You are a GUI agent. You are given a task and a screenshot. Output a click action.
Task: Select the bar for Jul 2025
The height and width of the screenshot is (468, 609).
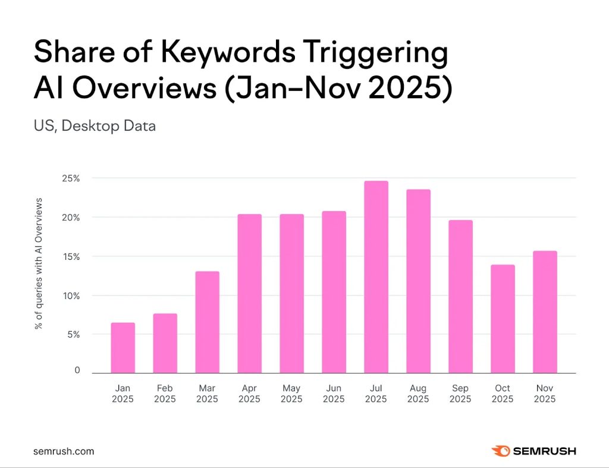[376, 277]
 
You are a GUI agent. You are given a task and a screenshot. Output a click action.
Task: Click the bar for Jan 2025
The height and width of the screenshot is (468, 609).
[123, 348]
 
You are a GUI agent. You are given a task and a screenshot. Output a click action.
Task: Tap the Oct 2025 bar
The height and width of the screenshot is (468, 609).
[503, 319]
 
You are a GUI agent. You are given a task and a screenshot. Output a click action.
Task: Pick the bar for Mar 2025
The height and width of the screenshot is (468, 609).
[207, 322]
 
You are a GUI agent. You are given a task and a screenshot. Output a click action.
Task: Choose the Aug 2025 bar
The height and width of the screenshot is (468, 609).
[418, 281]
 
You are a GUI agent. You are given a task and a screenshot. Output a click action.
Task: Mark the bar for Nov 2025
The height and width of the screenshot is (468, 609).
[545, 312]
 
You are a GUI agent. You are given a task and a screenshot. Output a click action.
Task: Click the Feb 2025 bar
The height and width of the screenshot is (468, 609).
[165, 343]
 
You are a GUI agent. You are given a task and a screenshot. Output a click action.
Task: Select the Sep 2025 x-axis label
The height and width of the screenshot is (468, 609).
[460, 394]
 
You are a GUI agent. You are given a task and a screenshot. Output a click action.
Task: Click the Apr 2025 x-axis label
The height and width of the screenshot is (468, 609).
[249, 394]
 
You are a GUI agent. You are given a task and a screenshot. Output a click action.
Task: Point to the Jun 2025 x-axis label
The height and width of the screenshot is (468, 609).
[334, 394]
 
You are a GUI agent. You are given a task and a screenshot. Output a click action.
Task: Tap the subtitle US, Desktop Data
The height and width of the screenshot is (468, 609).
[95, 126]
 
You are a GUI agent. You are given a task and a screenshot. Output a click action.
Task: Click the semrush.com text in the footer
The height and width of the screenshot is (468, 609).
[64, 451]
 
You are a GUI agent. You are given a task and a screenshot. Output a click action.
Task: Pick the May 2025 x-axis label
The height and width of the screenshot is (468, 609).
[291, 394]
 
